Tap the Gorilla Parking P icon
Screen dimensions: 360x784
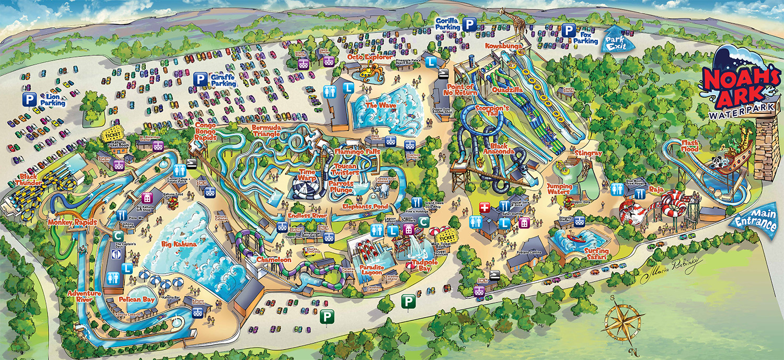(x=470, y=24)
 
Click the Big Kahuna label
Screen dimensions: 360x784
(x=173, y=242)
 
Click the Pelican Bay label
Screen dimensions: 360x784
(x=135, y=300)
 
